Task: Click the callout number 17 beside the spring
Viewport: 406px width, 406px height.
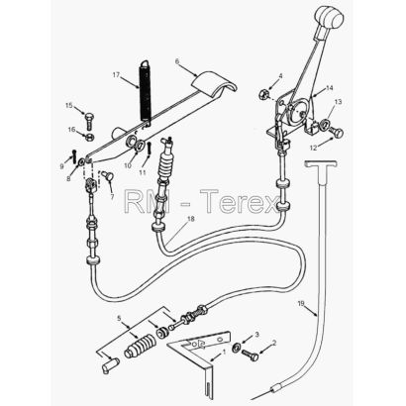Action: coord(116,75)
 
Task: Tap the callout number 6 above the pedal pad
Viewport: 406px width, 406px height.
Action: coord(177,61)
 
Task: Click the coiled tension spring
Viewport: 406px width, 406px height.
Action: coord(146,93)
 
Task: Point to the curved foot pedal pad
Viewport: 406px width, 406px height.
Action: coord(215,84)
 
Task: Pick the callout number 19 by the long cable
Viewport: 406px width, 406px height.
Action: coord(301,304)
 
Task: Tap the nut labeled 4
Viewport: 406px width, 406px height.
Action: coord(262,94)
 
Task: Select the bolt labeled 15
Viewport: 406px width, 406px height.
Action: coord(89,121)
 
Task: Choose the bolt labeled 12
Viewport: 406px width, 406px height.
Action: coord(336,133)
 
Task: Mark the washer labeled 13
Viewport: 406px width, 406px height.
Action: coord(325,125)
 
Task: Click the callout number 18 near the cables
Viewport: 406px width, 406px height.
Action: coord(190,219)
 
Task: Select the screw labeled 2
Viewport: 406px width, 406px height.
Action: coord(251,355)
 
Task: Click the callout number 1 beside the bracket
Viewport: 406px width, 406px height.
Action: coord(225,353)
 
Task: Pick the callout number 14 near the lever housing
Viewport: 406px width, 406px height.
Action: coord(330,88)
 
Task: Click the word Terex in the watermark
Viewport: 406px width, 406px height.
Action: coord(241,201)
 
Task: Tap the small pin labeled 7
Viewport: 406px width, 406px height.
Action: coord(107,175)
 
